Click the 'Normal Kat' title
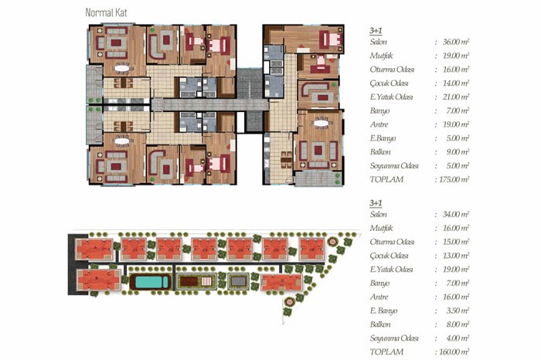tap(106, 13)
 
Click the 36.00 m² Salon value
tap(455, 42)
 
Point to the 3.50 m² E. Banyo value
tap(458, 311)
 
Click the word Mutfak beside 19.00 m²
tap(381, 56)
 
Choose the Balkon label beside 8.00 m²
tap(380, 324)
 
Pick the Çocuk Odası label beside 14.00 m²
tap(389, 83)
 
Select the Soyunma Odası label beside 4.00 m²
tap(394, 338)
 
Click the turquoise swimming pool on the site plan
tap(150, 283)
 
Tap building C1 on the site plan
tap(134, 249)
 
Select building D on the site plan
tap(281, 283)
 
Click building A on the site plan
tap(94, 249)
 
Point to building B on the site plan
tap(98, 280)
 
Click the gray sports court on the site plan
tap(238, 282)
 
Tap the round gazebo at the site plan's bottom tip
tap(289, 302)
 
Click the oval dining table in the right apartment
tap(321, 123)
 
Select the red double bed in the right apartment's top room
tap(330, 40)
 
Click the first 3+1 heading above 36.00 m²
tap(376, 30)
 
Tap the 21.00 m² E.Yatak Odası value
tap(455, 97)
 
